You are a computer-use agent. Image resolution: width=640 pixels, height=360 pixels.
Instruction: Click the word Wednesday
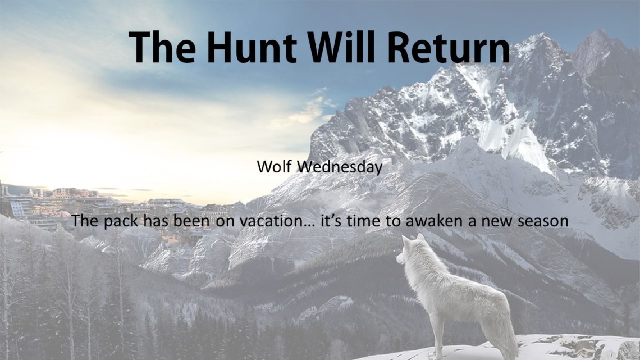point(339,167)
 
